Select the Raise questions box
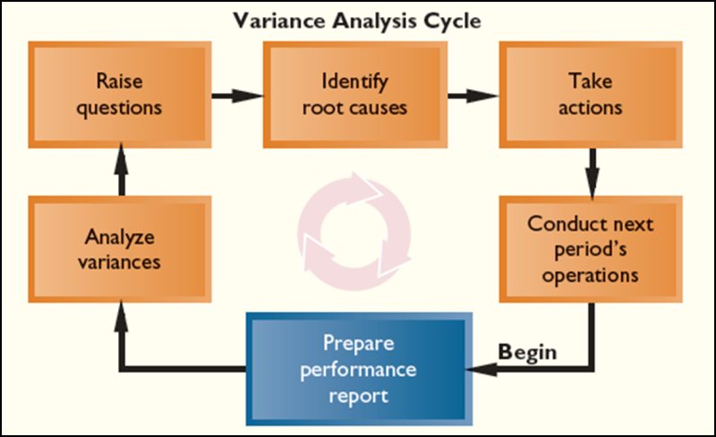(x=121, y=95)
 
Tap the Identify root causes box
(x=354, y=95)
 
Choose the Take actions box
(x=591, y=95)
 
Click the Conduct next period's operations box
(x=591, y=249)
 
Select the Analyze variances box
(x=121, y=250)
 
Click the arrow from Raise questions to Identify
(x=236, y=94)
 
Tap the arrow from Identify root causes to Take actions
(x=473, y=94)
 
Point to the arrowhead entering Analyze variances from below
(x=122, y=309)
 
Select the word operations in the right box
(x=591, y=275)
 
